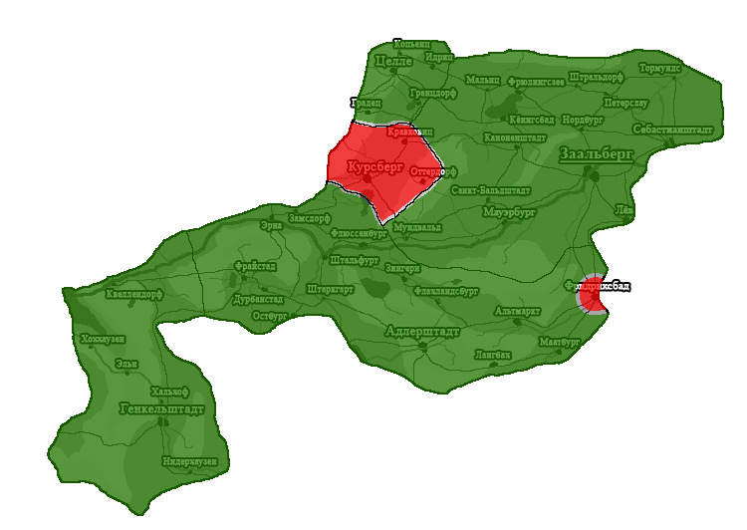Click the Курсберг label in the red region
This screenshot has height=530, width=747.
point(374,166)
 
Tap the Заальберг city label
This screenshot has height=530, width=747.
point(597,155)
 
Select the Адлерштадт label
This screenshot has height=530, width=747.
point(421,331)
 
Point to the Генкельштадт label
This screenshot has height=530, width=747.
point(161,408)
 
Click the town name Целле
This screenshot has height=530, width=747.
point(393,62)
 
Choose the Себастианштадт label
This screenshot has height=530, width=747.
point(672,130)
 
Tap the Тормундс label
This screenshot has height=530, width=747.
point(659,69)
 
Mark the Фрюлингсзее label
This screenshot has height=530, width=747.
point(536,83)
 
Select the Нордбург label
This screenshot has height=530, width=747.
point(583,120)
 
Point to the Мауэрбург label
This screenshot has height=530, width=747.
point(509,212)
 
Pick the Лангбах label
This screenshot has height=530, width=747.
point(492,354)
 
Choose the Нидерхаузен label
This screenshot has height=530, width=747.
point(189,461)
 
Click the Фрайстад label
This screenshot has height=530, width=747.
point(257,267)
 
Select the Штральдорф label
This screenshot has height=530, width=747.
point(596,76)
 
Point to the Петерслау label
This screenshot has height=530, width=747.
point(624,102)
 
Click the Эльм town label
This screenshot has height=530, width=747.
point(125,364)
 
